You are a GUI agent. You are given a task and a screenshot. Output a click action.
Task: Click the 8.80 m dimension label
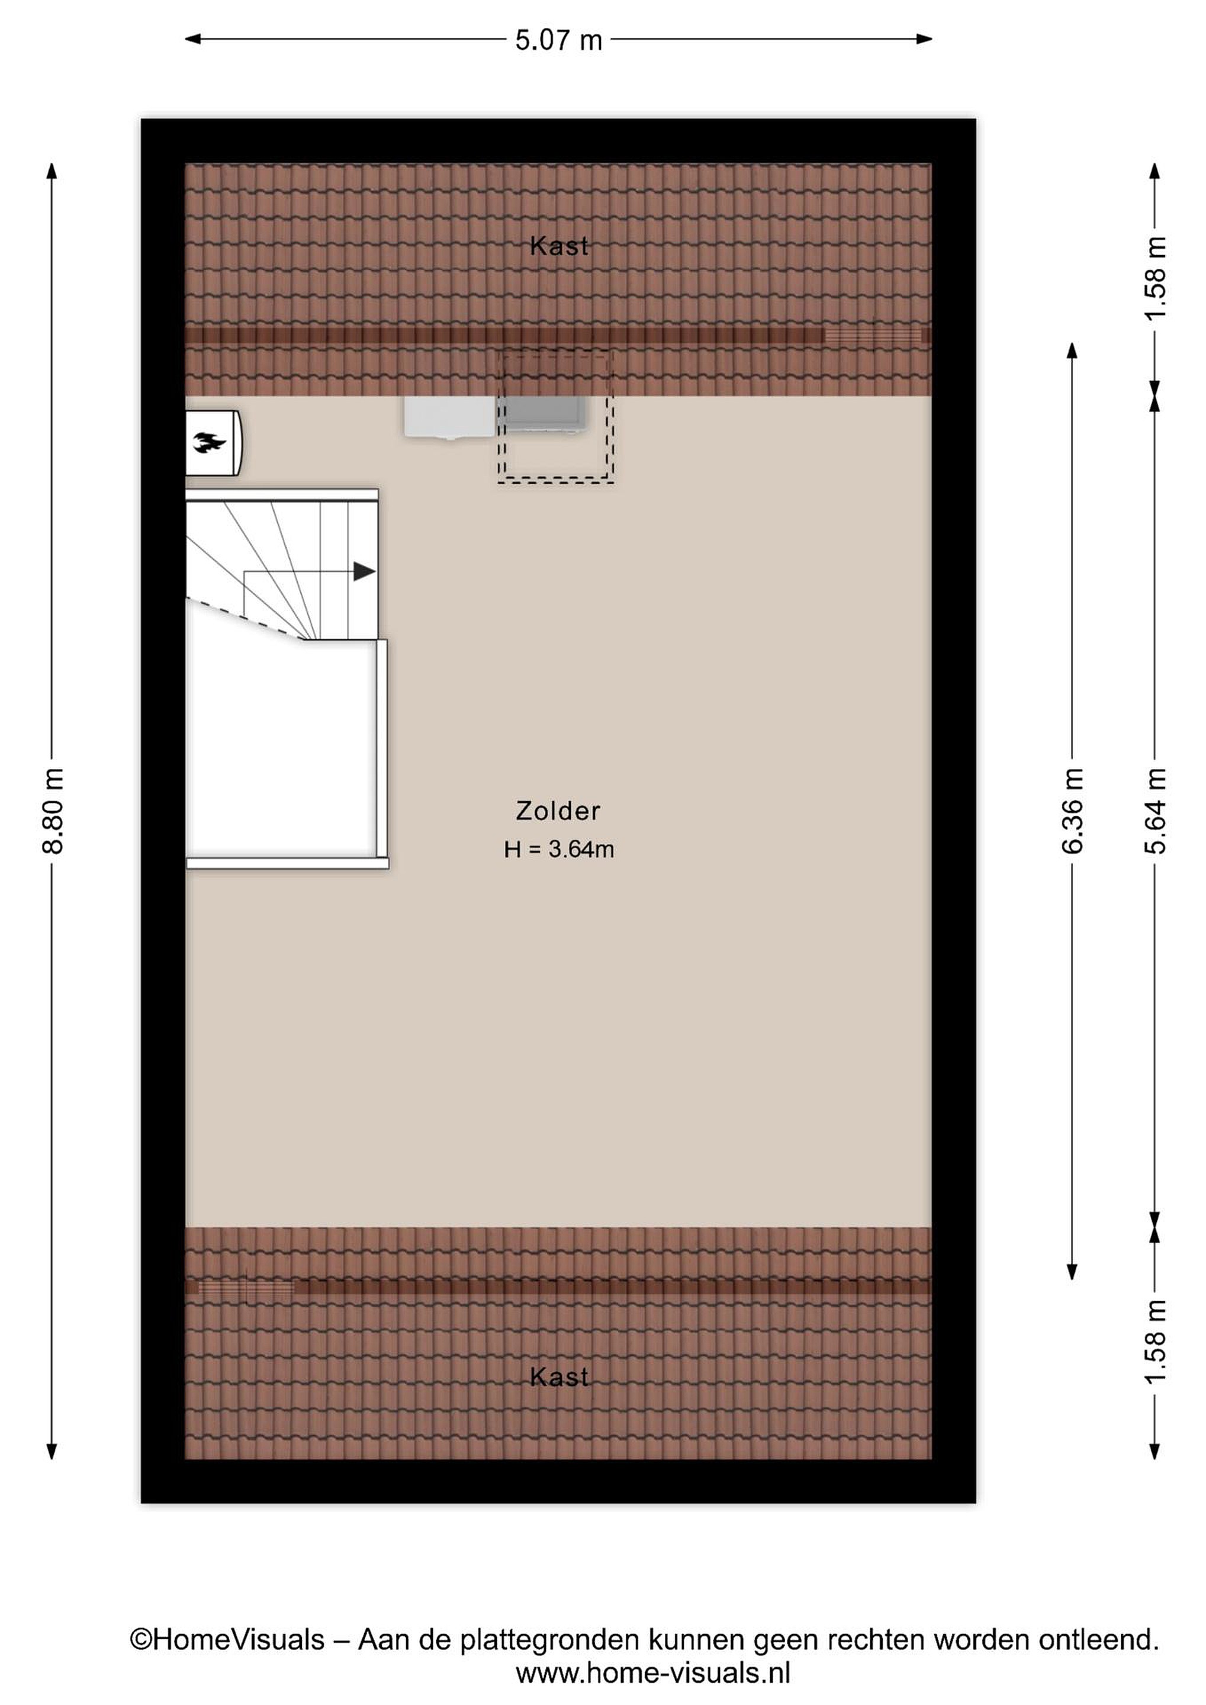[53, 811]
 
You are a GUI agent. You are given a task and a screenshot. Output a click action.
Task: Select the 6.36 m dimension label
[1072, 811]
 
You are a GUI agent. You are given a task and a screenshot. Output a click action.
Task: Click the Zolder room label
[558, 810]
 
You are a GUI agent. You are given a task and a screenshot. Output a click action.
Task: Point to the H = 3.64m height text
[558, 849]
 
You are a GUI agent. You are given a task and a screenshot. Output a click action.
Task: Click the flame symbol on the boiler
[210, 443]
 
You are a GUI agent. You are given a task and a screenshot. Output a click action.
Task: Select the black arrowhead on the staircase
[364, 571]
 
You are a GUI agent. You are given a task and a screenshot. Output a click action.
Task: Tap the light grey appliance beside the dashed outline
[450, 417]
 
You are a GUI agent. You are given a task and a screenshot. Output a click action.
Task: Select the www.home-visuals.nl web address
[653, 1673]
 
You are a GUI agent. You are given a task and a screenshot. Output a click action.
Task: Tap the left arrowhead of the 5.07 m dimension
[192, 39]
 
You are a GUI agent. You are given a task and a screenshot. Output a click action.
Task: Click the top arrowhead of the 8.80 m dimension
[52, 171]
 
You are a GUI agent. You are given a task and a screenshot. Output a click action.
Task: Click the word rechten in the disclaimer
[880, 1640]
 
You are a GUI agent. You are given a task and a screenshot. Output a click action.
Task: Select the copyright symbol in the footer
[140, 1640]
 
